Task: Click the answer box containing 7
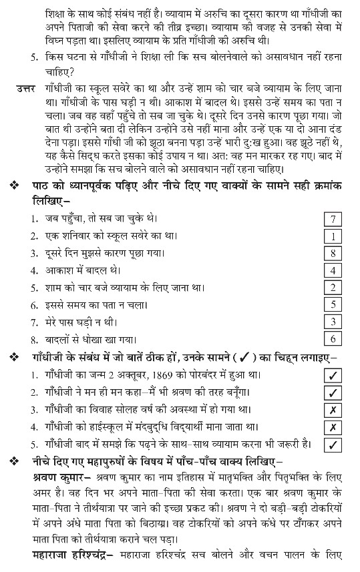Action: click(x=332, y=219)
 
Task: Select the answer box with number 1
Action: click(x=332, y=236)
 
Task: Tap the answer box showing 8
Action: click(x=332, y=254)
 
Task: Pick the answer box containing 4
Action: click(x=332, y=270)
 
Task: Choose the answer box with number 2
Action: click(x=332, y=288)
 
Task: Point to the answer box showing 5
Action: click(x=332, y=304)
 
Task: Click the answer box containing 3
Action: click(x=332, y=322)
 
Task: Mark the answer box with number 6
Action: click(x=332, y=338)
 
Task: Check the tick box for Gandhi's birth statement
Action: click(x=332, y=375)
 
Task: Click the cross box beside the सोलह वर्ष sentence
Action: click(x=332, y=410)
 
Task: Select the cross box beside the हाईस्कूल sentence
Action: click(x=332, y=427)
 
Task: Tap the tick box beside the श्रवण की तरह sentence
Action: click(x=332, y=392)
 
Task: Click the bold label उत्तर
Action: click(x=26, y=89)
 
